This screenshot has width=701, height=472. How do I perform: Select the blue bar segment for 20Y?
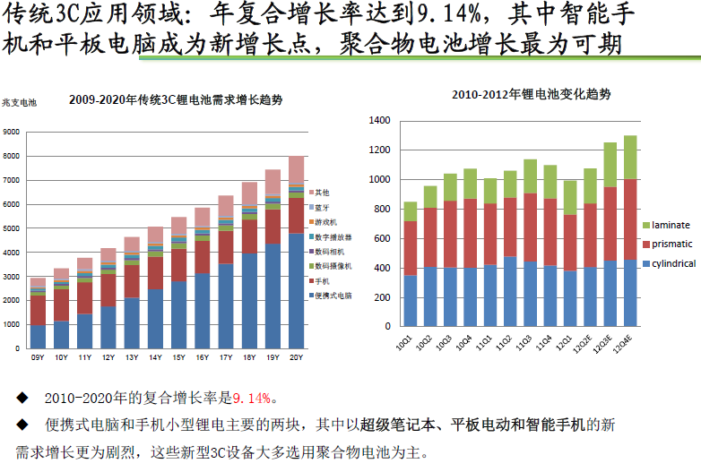[x=297, y=291]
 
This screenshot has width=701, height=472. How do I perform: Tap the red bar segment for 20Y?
[x=297, y=215]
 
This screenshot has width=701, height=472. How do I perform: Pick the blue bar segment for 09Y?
[x=38, y=337]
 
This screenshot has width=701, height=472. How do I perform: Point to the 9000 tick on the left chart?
[x=13, y=133]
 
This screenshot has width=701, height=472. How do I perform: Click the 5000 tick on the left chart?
[x=13, y=228]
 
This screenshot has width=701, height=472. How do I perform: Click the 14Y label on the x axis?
[x=155, y=358]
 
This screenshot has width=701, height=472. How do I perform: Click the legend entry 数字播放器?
[x=333, y=236]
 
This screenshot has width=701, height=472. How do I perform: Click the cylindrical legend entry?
[x=673, y=263]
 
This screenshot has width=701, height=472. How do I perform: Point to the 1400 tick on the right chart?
[x=379, y=121]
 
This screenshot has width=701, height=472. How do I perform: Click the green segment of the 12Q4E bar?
[x=630, y=158]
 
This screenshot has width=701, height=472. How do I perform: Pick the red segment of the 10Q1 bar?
[x=410, y=248]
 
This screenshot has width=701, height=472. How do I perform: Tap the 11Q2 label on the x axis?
[x=508, y=342]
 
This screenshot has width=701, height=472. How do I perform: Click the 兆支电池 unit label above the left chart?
[x=19, y=102]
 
